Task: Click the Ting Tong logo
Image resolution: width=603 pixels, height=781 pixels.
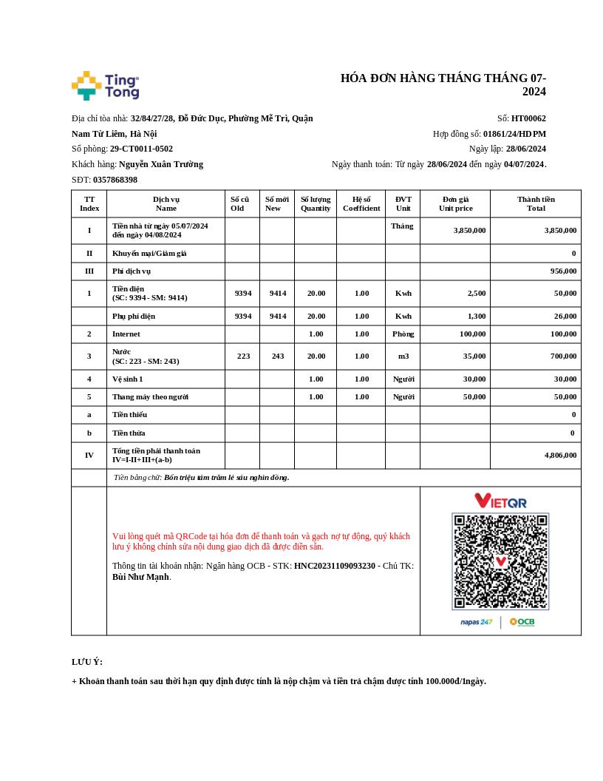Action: (x=105, y=86)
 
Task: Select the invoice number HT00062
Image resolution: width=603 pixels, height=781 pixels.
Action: (x=528, y=118)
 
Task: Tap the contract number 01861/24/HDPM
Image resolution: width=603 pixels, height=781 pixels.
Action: (x=514, y=134)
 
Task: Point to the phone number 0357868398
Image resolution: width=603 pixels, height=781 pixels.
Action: (x=115, y=180)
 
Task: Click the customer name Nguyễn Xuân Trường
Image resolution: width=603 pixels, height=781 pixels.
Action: (x=161, y=164)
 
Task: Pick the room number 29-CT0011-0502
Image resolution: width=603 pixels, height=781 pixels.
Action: (x=141, y=149)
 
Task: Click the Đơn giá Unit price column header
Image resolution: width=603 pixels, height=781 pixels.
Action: (x=455, y=203)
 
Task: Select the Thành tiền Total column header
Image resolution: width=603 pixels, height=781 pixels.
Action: (x=536, y=203)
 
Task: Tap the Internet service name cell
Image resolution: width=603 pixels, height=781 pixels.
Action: (x=126, y=334)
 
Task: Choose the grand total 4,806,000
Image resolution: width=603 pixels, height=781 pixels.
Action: (x=560, y=456)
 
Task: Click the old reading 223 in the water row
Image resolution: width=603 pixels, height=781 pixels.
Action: (x=243, y=356)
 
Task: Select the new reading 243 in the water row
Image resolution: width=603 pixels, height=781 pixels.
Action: (x=277, y=356)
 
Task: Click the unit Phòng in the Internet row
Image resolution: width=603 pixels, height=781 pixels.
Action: (x=403, y=334)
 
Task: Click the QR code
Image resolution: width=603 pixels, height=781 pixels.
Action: (x=500, y=561)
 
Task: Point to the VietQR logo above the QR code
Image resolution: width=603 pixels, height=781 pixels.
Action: (x=500, y=501)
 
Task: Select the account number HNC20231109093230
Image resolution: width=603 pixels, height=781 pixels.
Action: (x=335, y=566)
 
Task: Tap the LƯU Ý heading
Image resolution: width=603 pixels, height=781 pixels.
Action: (x=87, y=662)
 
